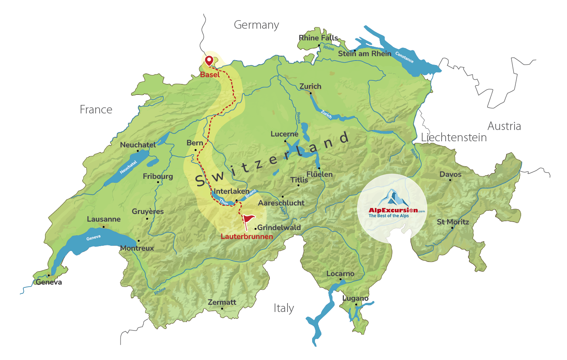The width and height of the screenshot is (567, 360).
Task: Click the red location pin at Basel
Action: [x=209, y=61]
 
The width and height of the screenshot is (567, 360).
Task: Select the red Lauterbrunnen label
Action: [x=247, y=237]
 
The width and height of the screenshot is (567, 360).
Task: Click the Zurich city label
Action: [x=310, y=86]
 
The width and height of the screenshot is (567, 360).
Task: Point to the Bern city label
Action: [x=195, y=143]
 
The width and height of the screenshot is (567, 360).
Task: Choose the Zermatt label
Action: [x=222, y=302]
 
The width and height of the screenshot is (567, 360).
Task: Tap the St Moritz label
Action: [x=453, y=222]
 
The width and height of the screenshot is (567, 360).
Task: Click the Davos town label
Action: [x=450, y=174]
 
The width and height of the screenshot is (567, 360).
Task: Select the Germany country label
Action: [x=256, y=25]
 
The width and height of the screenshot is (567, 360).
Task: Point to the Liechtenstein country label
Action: [x=454, y=138]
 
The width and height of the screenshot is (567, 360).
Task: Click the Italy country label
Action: [x=284, y=308]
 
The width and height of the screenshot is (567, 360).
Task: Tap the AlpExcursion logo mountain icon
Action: [x=392, y=197]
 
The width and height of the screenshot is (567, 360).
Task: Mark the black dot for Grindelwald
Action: [x=255, y=229]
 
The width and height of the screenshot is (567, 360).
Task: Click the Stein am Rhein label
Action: [x=365, y=54]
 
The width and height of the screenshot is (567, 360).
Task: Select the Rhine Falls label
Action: [x=318, y=38]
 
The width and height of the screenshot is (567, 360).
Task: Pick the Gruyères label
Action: [x=148, y=211]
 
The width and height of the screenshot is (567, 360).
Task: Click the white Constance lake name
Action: [x=404, y=57]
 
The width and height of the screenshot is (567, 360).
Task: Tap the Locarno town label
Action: [x=340, y=274]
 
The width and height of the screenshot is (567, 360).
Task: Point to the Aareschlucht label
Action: [x=281, y=203]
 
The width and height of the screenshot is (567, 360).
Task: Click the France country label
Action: [x=96, y=110]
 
